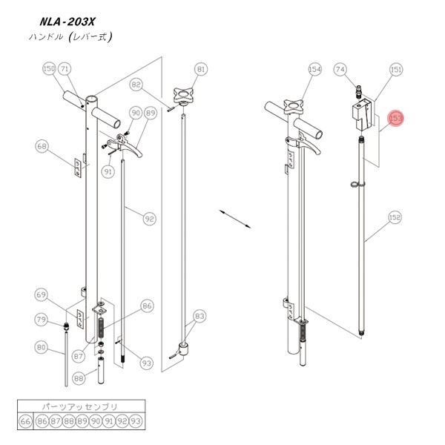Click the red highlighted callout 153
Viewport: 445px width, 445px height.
(x=396, y=119)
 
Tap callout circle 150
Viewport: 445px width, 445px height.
(x=49, y=69)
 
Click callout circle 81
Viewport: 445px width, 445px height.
(x=201, y=70)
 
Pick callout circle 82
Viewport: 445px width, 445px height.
(x=136, y=85)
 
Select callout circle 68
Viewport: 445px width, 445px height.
(x=42, y=146)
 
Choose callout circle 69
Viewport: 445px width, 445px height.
(x=42, y=295)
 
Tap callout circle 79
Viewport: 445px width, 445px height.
(x=42, y=320)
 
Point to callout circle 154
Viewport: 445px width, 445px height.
(x=314, y=70)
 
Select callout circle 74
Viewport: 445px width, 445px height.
(x=340, y=70)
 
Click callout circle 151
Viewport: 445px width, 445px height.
(x=396, y=70)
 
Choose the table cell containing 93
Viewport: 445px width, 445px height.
(x=135, y=421)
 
